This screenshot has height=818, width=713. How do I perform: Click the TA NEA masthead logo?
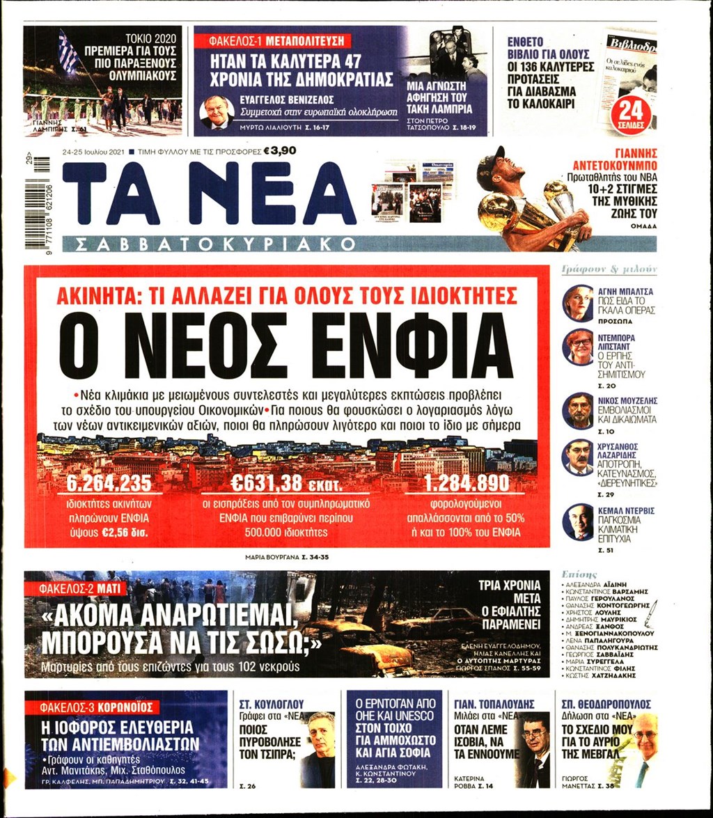(x=209, y=194)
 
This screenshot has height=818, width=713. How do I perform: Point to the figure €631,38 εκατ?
(x=287, y=482)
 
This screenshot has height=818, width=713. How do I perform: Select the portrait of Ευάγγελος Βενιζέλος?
(x=217, y=111)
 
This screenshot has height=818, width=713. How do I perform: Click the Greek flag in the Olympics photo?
(x=68, y=52)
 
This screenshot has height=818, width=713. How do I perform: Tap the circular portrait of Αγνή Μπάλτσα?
(x=578, y=302)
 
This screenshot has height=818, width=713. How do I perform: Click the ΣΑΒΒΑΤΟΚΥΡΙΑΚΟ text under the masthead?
(x=209, y=244)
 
